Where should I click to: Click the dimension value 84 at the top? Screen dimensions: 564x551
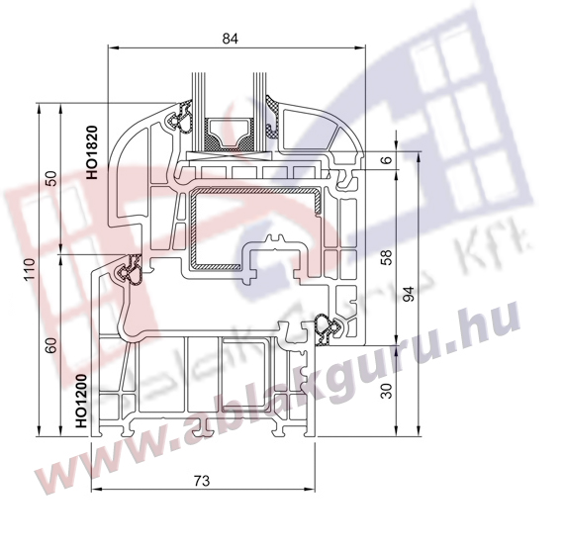coord(231,39)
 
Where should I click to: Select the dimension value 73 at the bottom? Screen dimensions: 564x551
coord(202,481)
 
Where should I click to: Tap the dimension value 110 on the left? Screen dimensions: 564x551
coord(30,269)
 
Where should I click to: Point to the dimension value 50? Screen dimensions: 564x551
coord(52,178)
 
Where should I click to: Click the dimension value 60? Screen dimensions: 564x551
coord(52,345)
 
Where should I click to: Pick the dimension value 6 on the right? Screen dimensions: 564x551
coord(387,159)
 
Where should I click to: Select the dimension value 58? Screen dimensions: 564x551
coord(387,257)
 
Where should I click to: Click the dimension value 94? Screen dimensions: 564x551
coord(410,294)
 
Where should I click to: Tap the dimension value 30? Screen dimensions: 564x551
coord(387,391)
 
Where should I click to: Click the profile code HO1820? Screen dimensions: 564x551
coord(92,152)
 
